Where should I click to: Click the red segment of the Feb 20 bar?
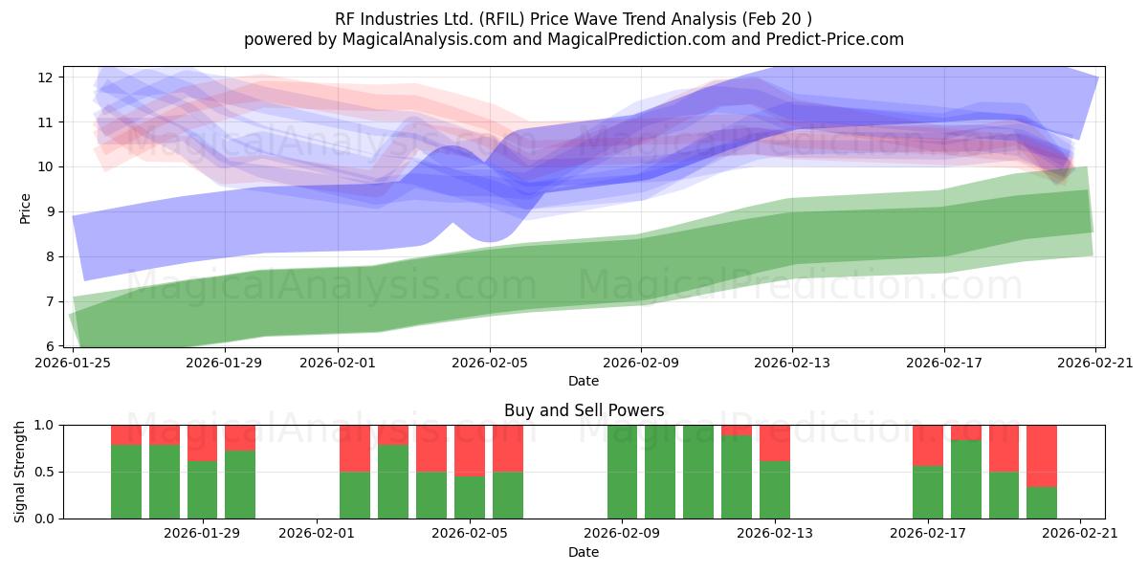click(x=1042, y=456)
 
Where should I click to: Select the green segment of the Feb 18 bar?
click(x=966, y=479)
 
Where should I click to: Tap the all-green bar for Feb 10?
click(x=660, y=472)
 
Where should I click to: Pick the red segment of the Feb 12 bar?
click(x=737, y=430)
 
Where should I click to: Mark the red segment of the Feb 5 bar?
click(x=470, y=451)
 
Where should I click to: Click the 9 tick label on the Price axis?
click(x=49, y=211)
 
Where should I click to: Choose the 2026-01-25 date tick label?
click(x=73, y=363)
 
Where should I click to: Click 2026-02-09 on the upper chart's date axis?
click(x=641, y=363)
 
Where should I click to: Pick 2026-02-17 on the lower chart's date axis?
click(x=928, y=533)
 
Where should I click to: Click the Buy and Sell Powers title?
click(x=585, y=410)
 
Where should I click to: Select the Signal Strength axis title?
click(x=19, y=472)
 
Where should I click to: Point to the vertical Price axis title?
click(x=25, y=210)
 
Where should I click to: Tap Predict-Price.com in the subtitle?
click(x=835, y=39)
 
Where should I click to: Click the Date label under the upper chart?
click(x=584, y=381)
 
